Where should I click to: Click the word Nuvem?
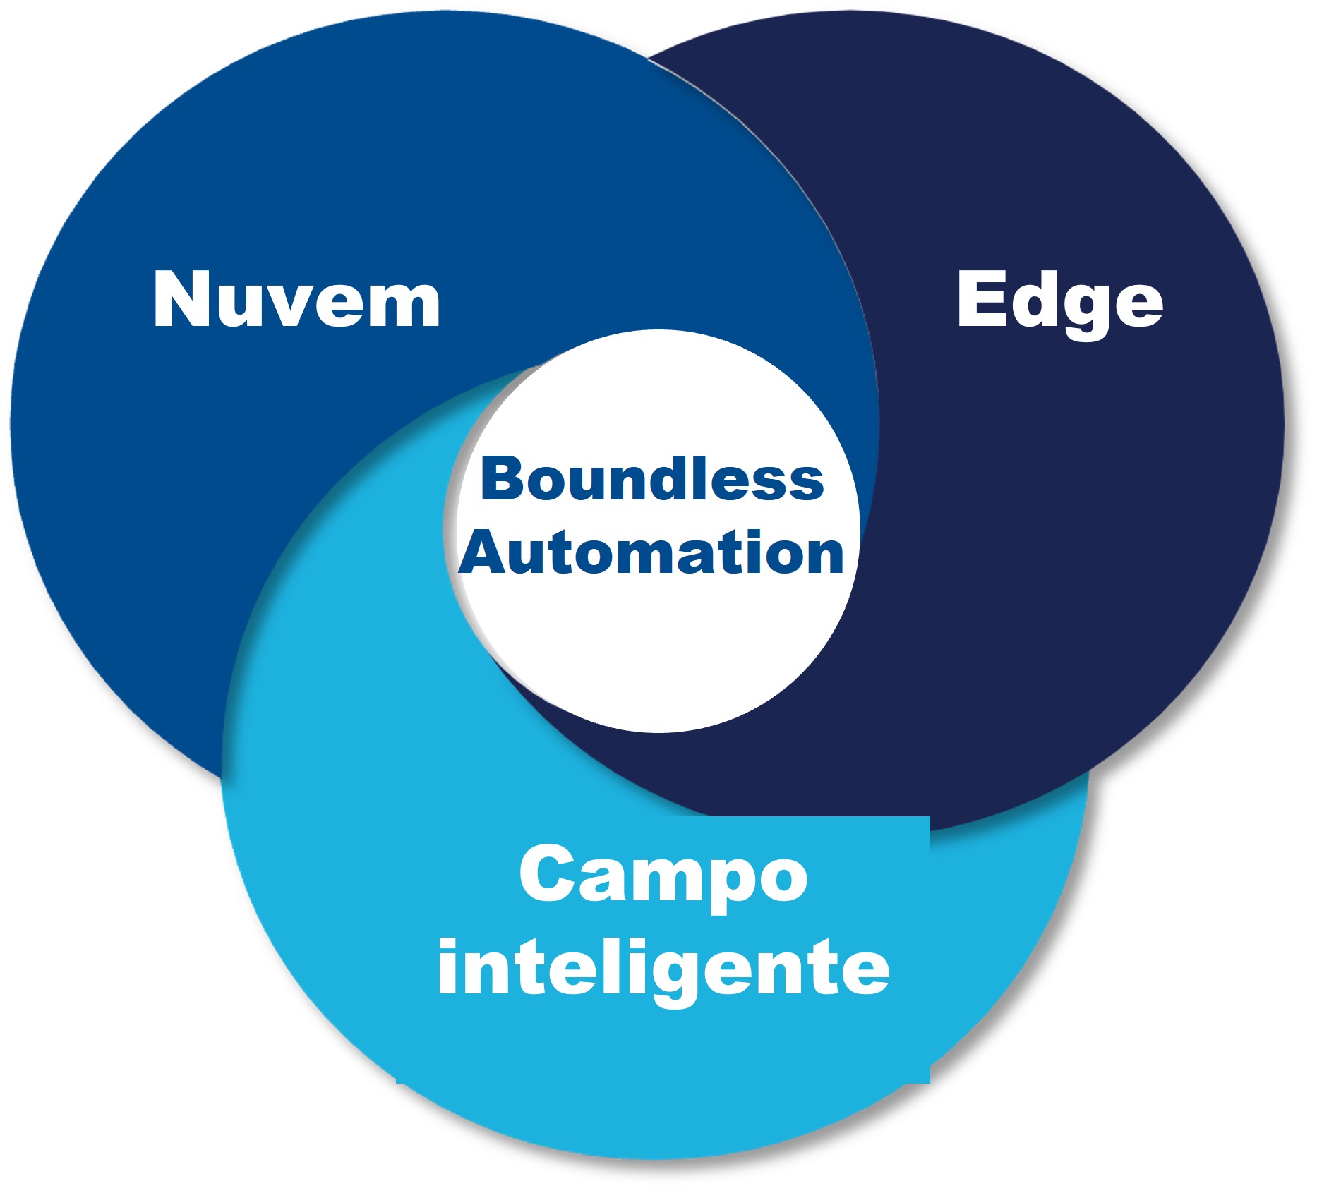296,299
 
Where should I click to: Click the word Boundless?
652,480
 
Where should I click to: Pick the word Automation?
651,553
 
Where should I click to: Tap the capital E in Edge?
980,298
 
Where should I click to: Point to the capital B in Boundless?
501,480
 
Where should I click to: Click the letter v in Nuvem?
292,306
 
